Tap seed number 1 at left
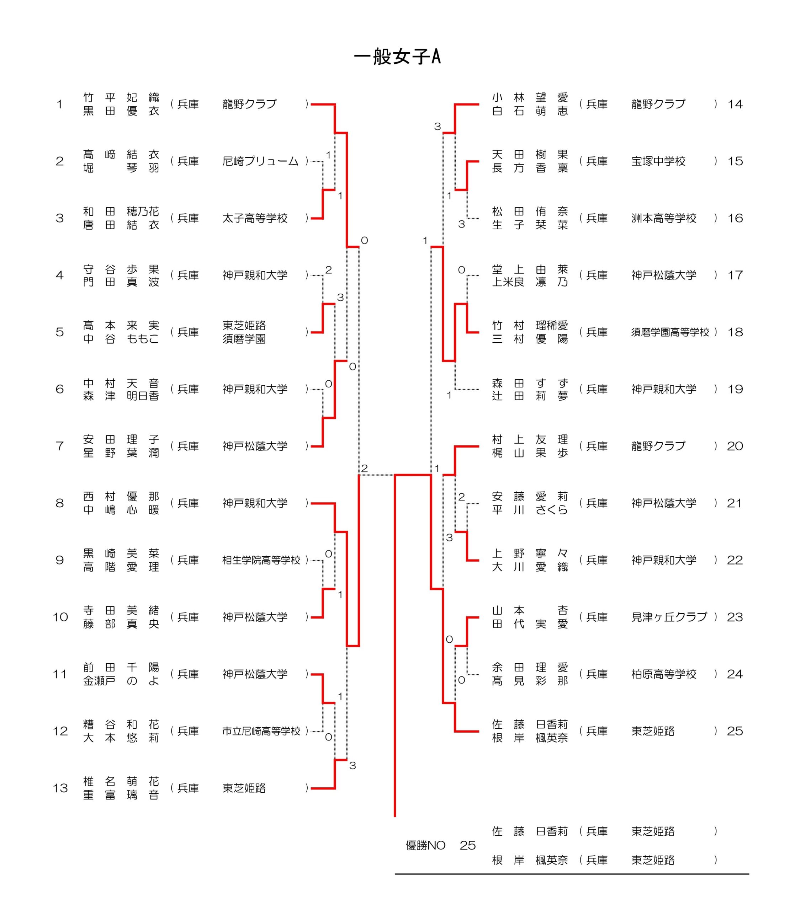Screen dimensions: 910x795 [59, 105]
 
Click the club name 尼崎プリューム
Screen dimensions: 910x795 [260, 161]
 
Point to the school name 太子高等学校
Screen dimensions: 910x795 [255, 219]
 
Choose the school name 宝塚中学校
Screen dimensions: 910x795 [658, 161]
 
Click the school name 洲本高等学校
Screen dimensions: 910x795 [664, 219]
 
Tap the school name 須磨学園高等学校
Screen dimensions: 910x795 [670, 332]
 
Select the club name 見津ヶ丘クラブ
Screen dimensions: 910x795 [669, 617]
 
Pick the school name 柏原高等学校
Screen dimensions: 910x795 [664, 675]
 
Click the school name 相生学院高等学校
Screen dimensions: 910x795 [261, 561]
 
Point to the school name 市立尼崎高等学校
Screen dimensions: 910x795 [261, 731]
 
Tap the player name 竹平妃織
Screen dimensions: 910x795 [121, 97]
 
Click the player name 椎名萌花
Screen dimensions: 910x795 [121, 781]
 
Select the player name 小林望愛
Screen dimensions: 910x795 [530, 97]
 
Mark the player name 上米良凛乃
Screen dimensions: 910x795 [530, 282]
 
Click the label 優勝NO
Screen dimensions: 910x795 [425, 846]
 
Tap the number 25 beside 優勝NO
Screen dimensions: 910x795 [468, 846]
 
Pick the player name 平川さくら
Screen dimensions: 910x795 [530, 510]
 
